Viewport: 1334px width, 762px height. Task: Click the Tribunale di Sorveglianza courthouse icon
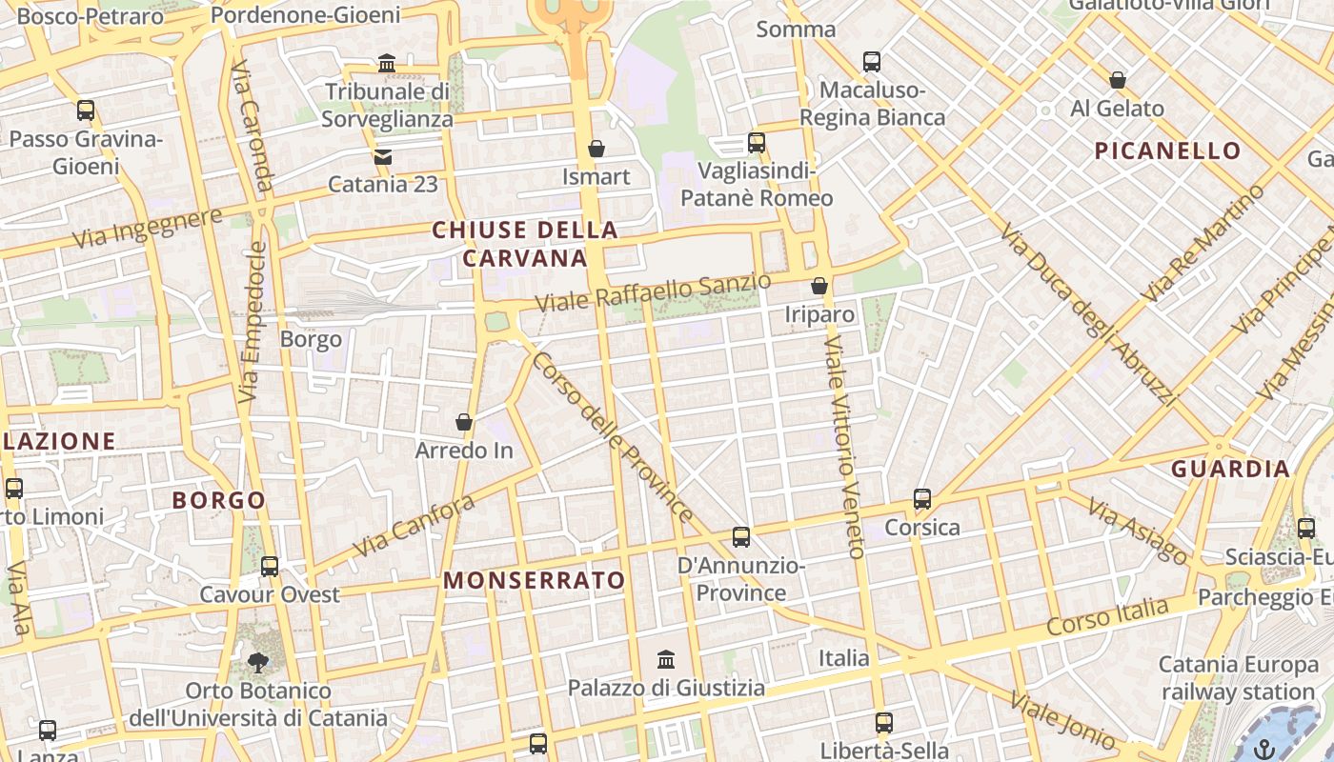387,64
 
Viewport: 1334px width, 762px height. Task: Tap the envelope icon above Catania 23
382,156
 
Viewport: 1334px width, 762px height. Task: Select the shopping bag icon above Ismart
596,149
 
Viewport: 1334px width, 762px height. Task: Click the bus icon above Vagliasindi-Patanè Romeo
757,143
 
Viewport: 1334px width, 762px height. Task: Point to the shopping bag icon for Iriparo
819,286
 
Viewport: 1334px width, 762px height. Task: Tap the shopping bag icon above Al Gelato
1118,80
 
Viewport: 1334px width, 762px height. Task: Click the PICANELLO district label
1167,150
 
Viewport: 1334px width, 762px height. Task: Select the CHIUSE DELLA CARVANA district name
525,244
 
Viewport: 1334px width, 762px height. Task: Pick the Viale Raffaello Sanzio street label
653,292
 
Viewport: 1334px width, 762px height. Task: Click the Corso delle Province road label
613,437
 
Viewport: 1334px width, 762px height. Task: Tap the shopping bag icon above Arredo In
464,422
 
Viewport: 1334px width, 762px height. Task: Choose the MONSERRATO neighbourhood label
534,580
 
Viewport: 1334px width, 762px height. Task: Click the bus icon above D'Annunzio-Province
741,537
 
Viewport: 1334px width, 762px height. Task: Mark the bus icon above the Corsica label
921,499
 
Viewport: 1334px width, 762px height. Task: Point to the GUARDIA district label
1230,469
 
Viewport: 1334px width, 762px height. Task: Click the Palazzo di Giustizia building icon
666,659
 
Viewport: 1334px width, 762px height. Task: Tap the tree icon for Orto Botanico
257,662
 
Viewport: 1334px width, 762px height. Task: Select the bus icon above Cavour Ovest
270,567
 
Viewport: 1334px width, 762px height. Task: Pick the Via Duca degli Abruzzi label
1089,315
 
